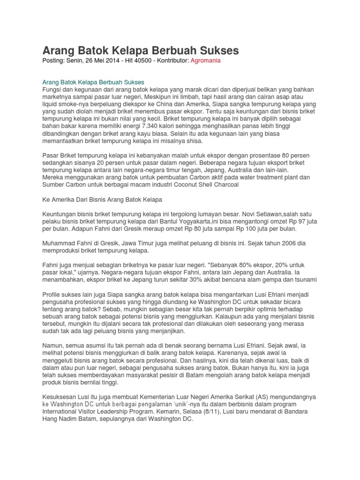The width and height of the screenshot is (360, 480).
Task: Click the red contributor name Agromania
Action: click(206, 60)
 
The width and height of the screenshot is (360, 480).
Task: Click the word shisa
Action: click(194, 140)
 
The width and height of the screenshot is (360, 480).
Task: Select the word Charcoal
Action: click(227, 184)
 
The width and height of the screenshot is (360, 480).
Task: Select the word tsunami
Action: click(305, 280)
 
